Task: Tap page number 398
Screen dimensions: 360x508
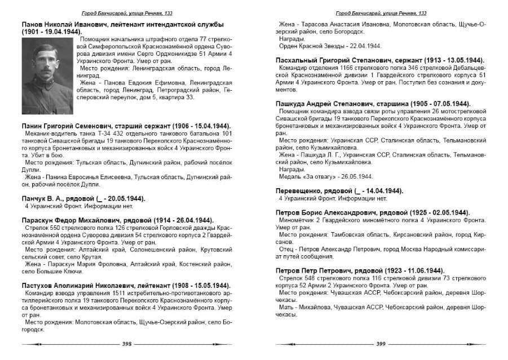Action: pos(127,344)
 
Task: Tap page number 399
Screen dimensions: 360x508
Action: pos(381,344)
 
